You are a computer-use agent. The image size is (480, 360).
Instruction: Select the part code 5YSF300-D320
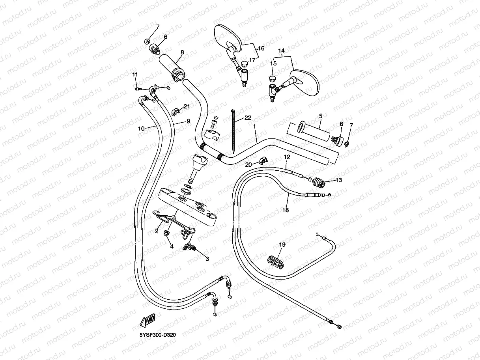pos(158,335)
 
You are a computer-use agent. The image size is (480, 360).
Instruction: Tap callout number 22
pos(248,118)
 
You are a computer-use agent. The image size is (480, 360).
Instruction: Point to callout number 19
pos(282,244)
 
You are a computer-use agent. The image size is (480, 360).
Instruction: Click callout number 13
pos(338,180)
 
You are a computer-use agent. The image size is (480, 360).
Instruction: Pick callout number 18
pos(286,210)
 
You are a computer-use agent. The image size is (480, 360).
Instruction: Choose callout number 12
pos(287,157)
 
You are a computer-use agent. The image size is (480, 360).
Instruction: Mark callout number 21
pos(187,106)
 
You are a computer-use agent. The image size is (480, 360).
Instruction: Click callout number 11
pos(135,75)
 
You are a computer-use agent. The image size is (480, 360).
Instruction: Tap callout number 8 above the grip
pos(182,52)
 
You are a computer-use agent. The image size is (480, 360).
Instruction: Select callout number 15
pos(273,63)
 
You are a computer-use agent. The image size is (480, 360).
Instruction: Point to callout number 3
pos(207,259)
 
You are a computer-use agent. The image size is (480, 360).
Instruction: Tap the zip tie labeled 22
pos(232,132)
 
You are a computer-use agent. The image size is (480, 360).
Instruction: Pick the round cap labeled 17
pos(245,64)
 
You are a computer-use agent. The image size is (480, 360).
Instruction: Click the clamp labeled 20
pos(262,160)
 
